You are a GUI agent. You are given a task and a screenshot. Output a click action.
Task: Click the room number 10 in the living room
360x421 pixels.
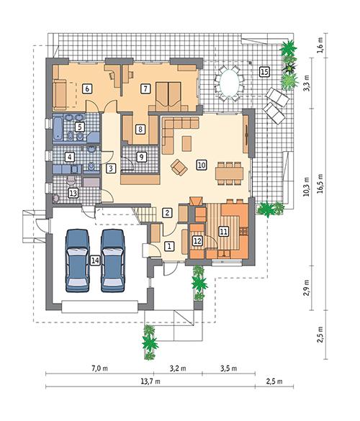point(202,165)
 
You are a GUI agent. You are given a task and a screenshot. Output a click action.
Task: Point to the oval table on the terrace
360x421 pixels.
point(229,81)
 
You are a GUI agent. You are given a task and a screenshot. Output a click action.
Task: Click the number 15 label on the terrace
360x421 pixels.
point(264,71)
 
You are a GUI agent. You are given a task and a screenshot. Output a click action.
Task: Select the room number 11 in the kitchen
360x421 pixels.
point(223,231)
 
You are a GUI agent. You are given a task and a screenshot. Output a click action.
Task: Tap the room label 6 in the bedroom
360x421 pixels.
point(86,89)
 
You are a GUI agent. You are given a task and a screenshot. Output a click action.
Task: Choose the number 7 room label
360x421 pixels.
point(145,89)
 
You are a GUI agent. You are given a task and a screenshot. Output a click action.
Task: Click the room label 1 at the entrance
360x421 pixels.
point(169,245)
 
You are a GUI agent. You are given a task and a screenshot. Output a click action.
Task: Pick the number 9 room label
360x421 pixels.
point(141,156)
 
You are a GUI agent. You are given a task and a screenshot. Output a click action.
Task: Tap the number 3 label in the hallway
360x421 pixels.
point(111,168)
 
